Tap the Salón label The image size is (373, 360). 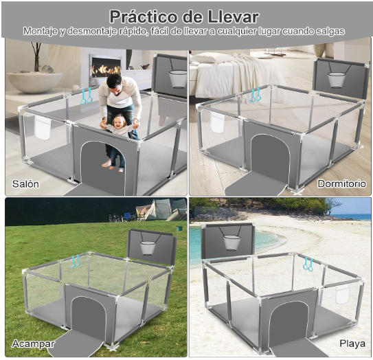26,184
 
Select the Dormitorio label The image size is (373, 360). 341,184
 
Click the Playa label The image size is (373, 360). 352,343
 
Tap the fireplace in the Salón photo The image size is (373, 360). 106,69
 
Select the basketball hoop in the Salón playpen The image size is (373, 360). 177,79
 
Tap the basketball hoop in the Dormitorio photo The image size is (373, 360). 336,79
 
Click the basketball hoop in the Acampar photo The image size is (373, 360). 148,247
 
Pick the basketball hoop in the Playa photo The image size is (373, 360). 231,243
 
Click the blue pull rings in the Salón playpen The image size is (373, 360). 87,96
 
